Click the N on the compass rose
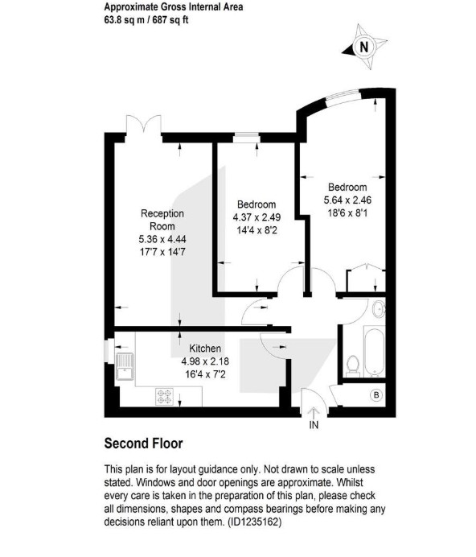click(363, 47)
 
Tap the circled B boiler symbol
click(376, 395)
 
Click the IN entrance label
click(314, 424)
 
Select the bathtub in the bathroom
click(374, 352)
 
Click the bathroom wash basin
click(379, 309)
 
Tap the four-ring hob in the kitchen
click(165, 397)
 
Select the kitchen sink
click(125, 366)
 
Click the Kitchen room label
click(205, 349)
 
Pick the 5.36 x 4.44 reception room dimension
click(162, 239)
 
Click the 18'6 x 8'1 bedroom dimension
click(347, 212)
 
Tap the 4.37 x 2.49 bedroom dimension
click(256, 217)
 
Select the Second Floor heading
click(143, 444)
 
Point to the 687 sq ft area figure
click(170, 20)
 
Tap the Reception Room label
click(162, 220)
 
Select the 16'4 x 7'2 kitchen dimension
click(205, 374)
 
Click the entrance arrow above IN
click(314, 412)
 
